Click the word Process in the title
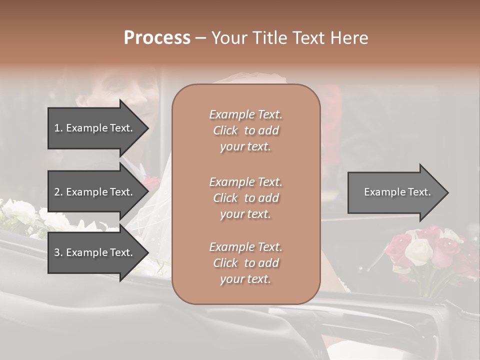(157, 38)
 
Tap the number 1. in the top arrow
(58, 128)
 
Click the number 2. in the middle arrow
(58, 192)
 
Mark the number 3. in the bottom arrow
(58, 252)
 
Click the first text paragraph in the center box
(245, 130)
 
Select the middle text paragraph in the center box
(245, 198)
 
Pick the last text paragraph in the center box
(245, 263)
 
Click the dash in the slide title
(200, 38)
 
